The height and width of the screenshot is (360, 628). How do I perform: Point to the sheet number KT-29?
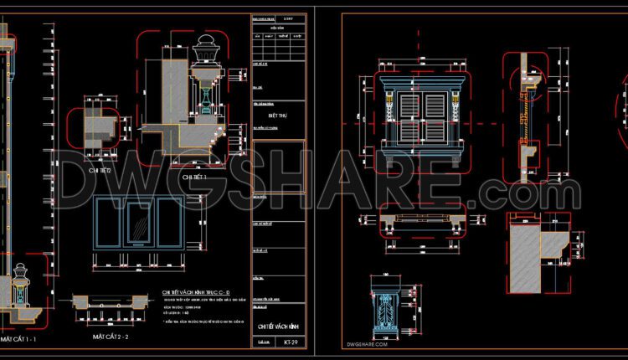pyautogui.click(x=290, y=342)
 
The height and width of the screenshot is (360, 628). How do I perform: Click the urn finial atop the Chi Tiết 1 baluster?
pyautogui.click(x=203, y=54)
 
